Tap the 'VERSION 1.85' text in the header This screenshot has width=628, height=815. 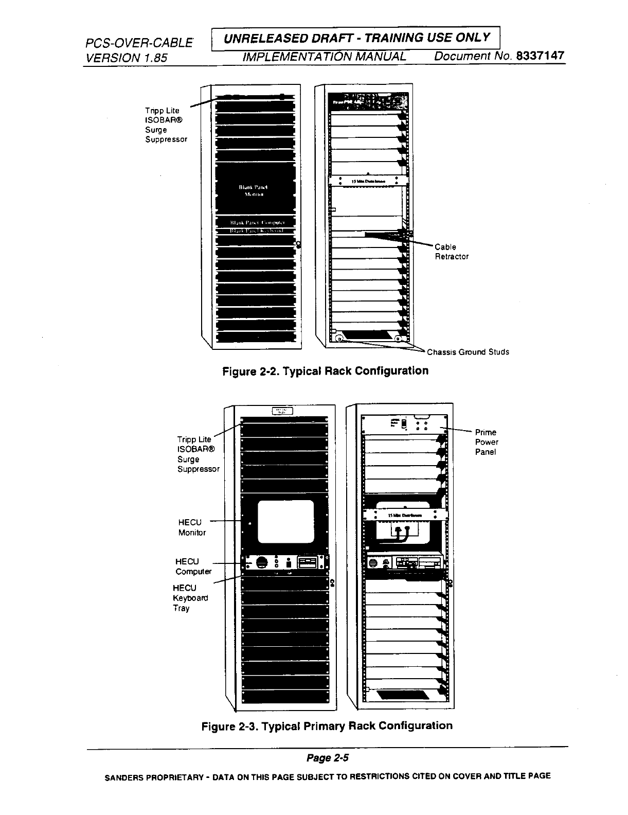point(126,58)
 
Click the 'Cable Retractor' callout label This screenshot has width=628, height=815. point(452,252)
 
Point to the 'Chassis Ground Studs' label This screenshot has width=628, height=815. point(468,352)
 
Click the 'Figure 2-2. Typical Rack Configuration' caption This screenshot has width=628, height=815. point(325,371)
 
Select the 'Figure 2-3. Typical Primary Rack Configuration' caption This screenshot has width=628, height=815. point(327,726)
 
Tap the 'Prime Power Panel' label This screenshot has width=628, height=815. point(486,442)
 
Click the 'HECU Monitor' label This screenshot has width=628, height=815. point(192,528)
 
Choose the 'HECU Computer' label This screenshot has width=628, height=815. point(193,566)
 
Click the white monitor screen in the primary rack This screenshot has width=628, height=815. point(285,521)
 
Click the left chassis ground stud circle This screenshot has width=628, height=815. point(339,338)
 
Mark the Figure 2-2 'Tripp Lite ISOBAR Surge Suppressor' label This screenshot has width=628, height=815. point(166,125)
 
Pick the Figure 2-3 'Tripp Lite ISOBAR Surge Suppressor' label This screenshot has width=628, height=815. point(198,454)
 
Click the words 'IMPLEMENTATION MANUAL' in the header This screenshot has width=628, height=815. point(324,56)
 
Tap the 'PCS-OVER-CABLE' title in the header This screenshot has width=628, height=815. point(139,43)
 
